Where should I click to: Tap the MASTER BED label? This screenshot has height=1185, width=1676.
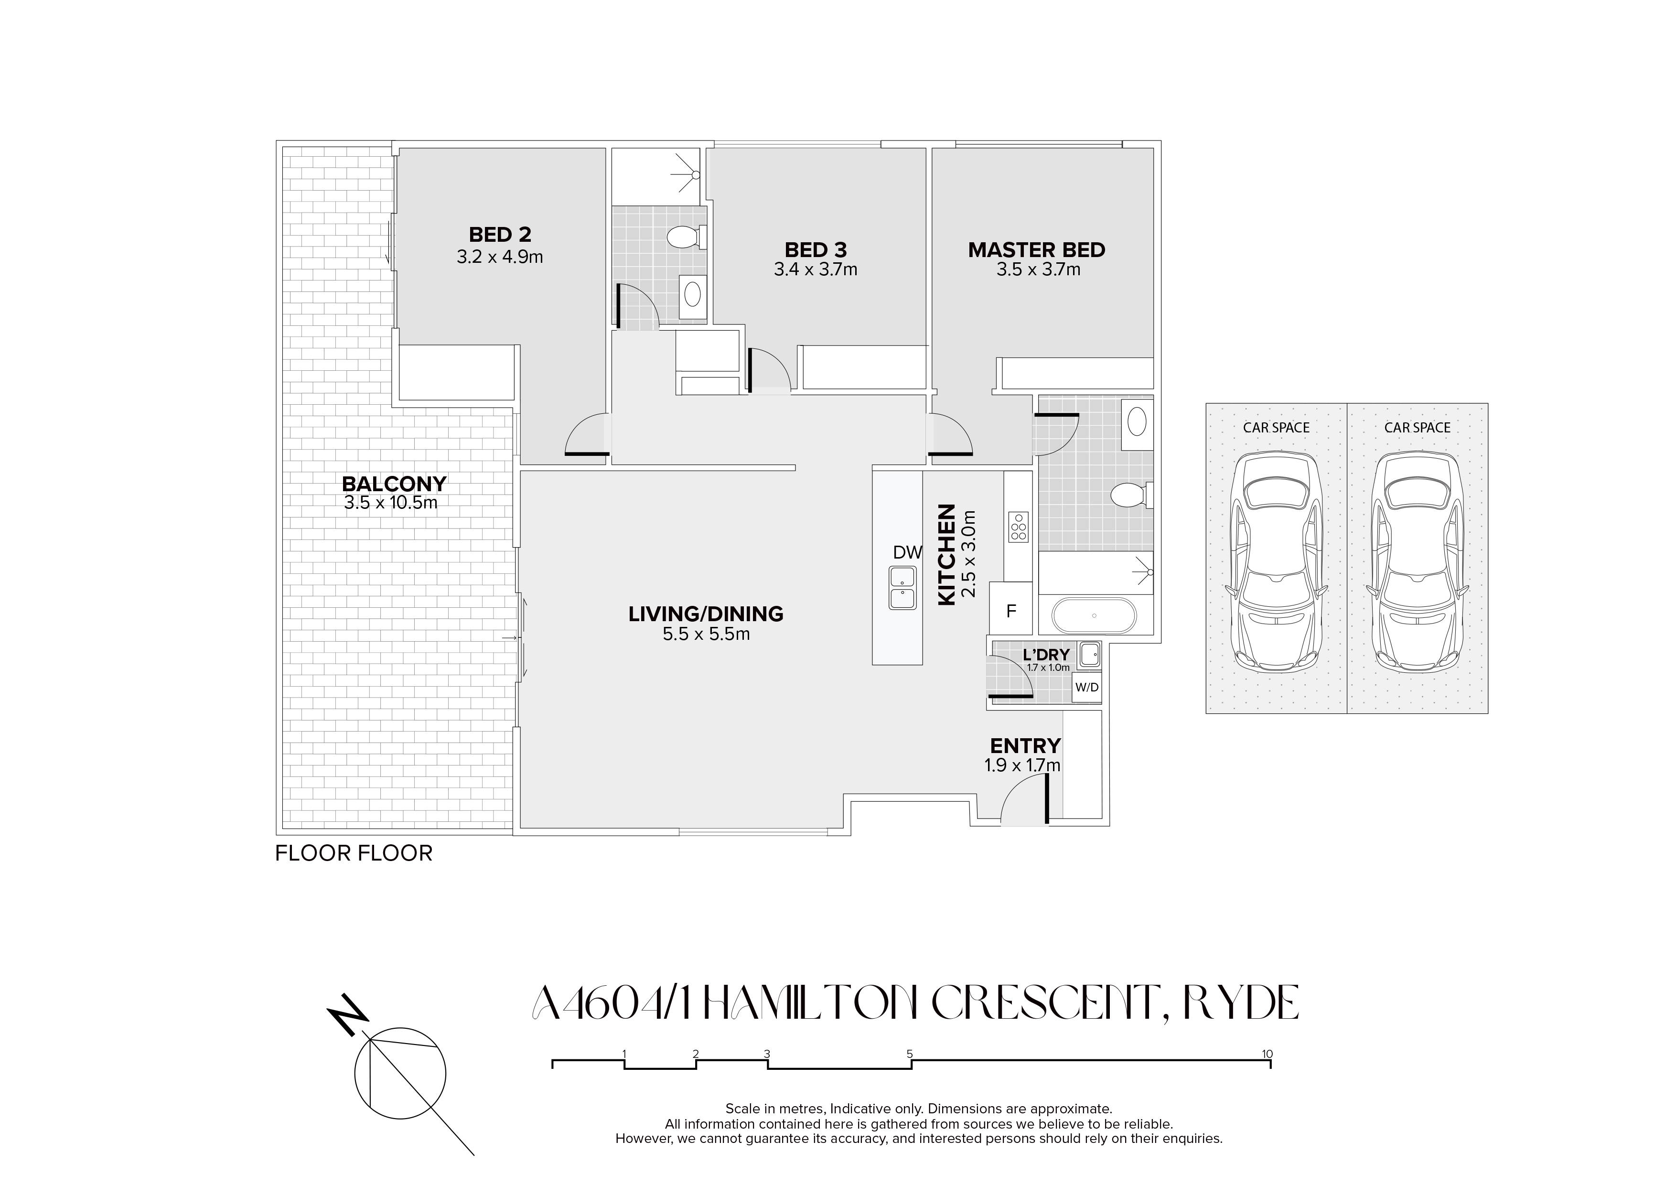click(1037, 250)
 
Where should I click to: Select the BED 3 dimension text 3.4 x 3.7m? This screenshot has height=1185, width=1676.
click(816, 269)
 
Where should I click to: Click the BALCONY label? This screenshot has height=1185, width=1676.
click(394, 484)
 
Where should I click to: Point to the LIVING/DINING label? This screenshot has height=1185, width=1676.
click(706, 614)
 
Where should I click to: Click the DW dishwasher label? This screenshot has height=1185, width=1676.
click(907, 553)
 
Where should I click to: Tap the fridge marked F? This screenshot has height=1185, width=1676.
click(1011, 608)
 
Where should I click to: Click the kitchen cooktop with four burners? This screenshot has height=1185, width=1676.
click(1018, 527)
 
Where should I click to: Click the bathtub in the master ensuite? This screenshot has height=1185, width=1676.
click(1094, 615)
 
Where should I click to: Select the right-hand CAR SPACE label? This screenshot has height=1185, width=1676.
click(1417, 428)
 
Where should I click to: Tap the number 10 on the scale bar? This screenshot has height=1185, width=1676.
click(1267, 1054)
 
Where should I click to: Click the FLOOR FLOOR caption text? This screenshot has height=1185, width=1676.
click(354, 853)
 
